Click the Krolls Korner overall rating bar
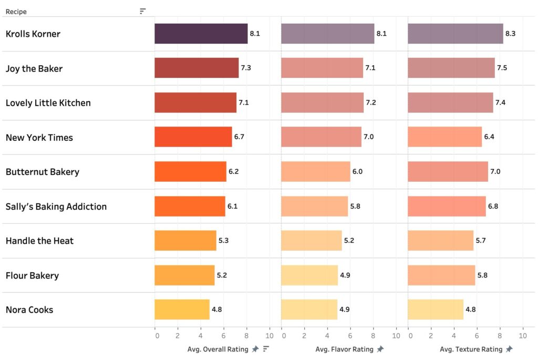(x=201, y=34)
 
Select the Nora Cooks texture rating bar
(x=436, y=310)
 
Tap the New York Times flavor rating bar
(x=321, y=137)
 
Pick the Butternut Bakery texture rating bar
(x=448, y=172)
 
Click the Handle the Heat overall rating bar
(x=185, y=241)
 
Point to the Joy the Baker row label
(x=34, y=68)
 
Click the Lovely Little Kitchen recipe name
(x=48, y=103)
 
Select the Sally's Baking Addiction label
(x=56, y=207)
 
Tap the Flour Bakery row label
(x=32, y=275)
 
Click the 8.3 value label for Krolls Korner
(x=510, y=34)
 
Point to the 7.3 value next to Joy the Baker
(x=246, y=68)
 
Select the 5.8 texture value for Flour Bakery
(x=482, y=275)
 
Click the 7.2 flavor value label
(x=371, y=103)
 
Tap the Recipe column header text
(x=16, y=12)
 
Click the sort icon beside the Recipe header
(x=142, y=11)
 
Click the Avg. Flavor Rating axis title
(x=344, y=349)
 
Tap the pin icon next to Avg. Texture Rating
(x=509, y=349)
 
